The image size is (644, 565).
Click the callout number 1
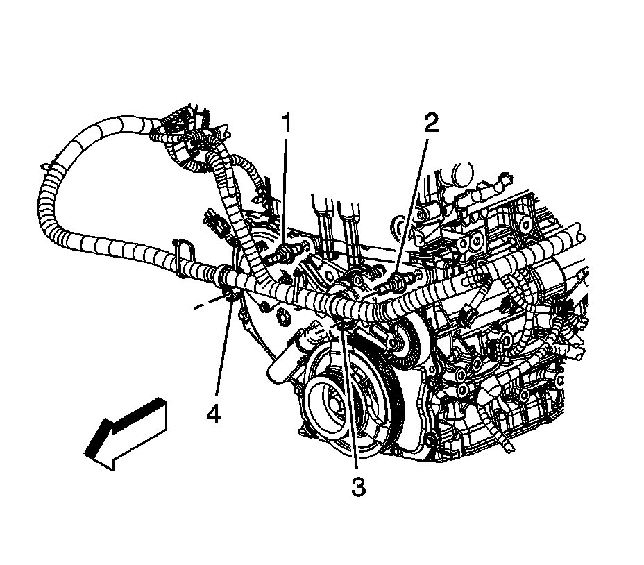tap(285, 126)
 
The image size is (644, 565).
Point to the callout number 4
tap(213, 414)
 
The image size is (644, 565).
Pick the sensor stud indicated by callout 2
tap(398, 281)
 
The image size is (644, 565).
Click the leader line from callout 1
tap(285, 187)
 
